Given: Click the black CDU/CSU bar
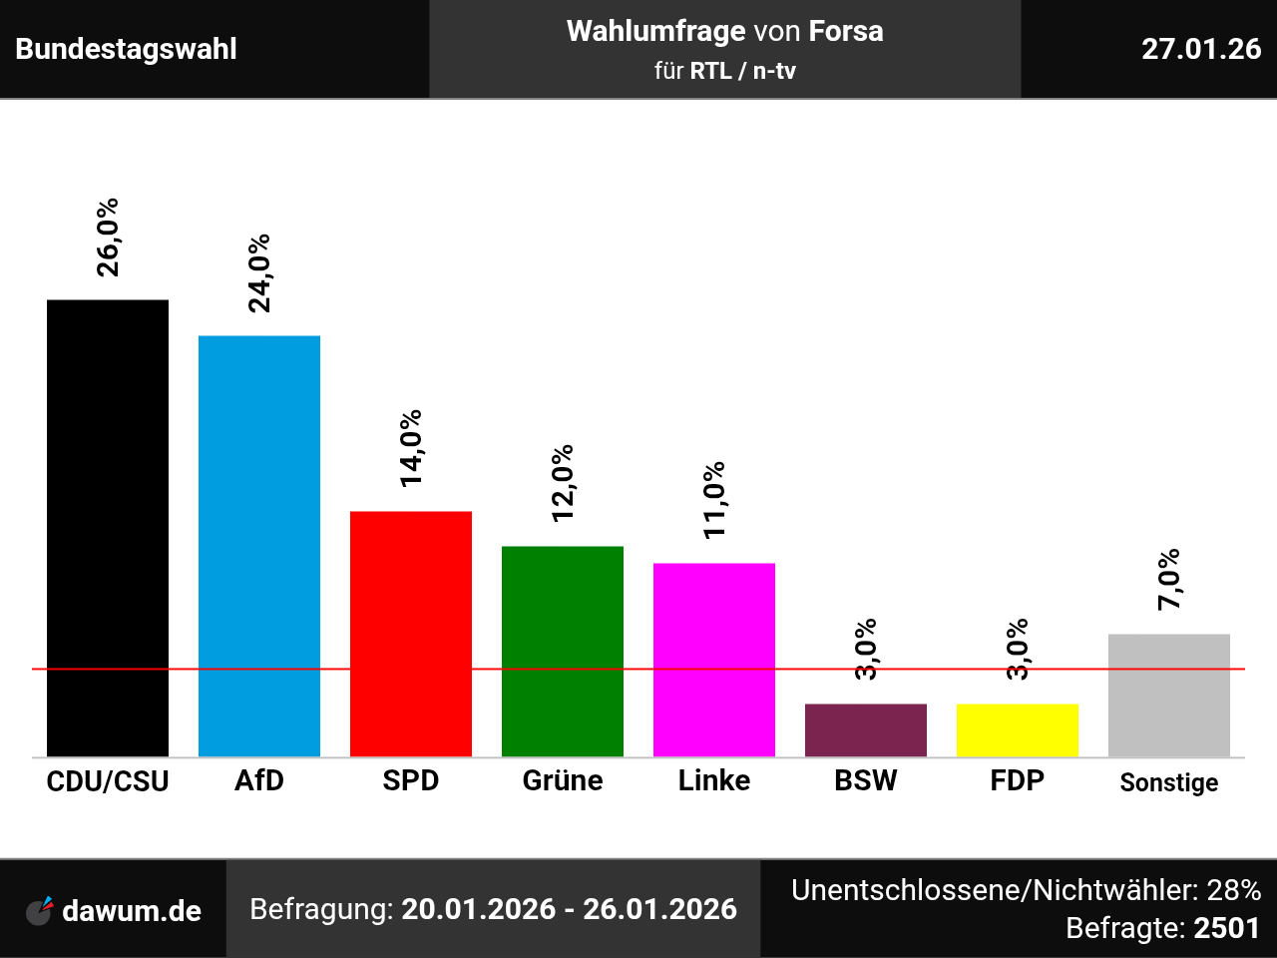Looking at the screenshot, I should (x=108, y=528).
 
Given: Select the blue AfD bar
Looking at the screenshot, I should (x=259, y=546).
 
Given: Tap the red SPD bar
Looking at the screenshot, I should (x=411, y=634).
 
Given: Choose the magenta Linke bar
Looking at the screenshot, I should (x=714, y=660).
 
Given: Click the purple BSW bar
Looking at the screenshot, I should (x=866, y=730).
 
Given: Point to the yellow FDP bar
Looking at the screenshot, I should (x=1018, y=730).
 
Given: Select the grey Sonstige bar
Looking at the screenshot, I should (x=1169, y=696).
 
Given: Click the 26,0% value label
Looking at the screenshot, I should (x=108, y=238).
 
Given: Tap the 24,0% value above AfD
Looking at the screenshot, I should (x=259, y=273).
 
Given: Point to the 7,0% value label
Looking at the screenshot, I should (x=1169, y=579).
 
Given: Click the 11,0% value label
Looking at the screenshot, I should (x=714, y=500).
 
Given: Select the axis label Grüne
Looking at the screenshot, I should (x=563, y=780).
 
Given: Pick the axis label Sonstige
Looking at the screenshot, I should (x=1169, y=782).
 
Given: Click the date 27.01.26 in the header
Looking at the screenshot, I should (x=1201, y=49).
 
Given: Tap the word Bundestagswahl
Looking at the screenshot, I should (x=127, y=49).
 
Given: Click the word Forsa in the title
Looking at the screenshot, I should (x=846, y=31).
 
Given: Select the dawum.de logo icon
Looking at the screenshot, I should (x=40, y=910).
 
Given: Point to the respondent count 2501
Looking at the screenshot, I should (x=1227, y=928).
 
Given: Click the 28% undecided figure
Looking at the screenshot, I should (x=1234, y=889).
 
